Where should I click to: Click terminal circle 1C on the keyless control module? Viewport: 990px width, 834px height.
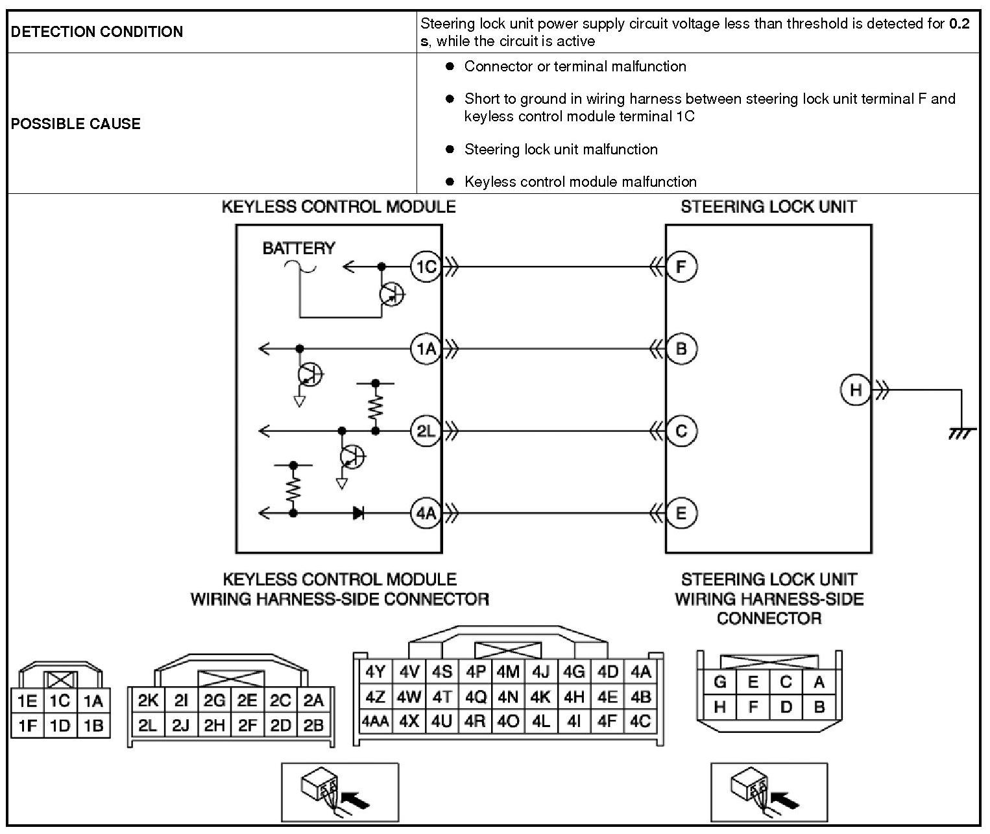coord(426,267)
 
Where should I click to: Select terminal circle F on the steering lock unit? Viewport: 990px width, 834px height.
coord(681,267)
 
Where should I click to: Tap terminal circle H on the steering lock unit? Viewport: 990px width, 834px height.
coord(856,390)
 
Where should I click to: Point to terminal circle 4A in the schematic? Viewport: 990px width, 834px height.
coord(426,513)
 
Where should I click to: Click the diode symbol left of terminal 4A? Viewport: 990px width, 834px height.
coord(358,513)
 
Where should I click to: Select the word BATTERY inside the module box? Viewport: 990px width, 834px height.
coord(298,248)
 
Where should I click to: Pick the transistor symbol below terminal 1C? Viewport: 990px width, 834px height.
coord(391,295)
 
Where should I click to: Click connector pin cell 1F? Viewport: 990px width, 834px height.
coord(27,726)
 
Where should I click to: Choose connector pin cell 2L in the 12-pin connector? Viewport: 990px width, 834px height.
coord(147,726)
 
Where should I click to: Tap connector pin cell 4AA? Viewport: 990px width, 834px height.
coord(375,721)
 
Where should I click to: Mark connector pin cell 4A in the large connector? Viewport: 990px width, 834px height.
coord(641,672)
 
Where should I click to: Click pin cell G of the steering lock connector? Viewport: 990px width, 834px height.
coord(719,682)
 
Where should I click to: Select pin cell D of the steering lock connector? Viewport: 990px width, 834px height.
coord(786,706)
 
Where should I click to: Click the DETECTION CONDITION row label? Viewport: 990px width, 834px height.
coord(97,32)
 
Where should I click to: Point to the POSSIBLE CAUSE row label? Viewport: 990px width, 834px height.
coord(76,124)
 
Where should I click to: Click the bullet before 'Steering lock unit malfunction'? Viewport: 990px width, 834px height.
coord(450,149)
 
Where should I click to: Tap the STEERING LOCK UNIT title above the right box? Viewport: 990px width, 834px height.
coord(768,207)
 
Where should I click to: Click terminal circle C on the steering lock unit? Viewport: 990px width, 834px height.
coord(681,431)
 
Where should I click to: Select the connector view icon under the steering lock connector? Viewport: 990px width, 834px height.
coord(769,792)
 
